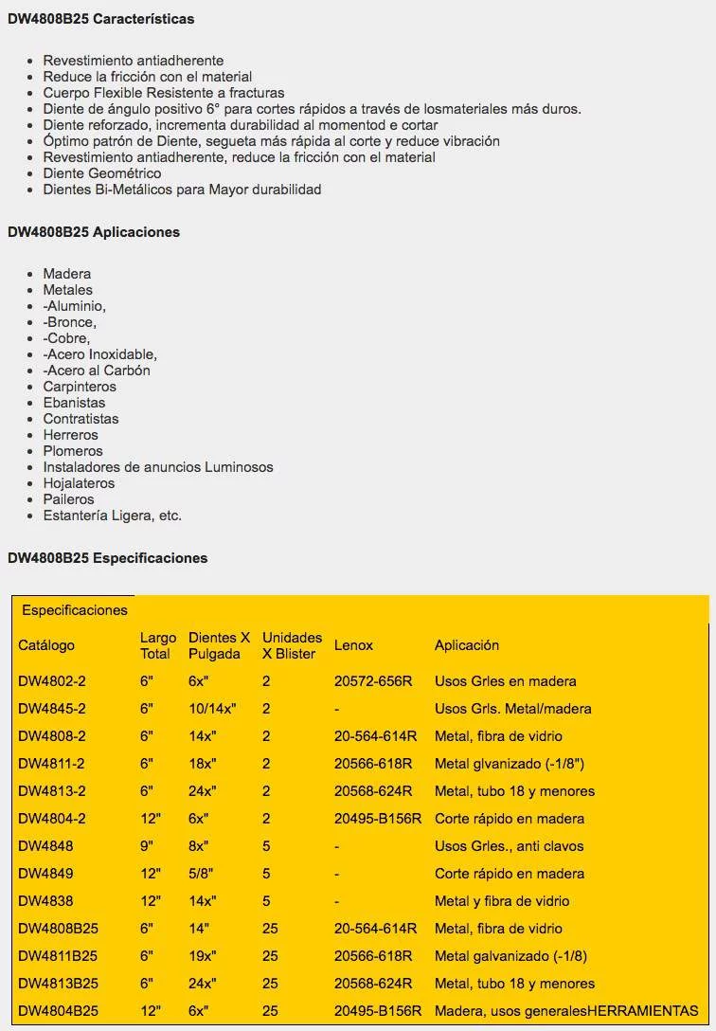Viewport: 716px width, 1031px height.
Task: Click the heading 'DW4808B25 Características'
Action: [101, 19]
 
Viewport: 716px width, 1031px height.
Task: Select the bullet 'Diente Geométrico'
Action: [102, 173]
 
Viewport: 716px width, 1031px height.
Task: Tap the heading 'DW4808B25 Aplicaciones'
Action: [94, 232]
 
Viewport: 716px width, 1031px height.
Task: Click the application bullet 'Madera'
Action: [67, 274]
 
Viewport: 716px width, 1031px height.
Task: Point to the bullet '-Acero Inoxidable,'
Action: [100, 354]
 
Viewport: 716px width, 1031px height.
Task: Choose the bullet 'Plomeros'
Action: [73, 451]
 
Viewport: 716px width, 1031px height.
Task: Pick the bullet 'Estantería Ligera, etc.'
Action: [113, 515]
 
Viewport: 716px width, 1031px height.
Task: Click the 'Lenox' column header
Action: [353, 645]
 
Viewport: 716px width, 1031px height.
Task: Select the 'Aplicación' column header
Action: [467, 645]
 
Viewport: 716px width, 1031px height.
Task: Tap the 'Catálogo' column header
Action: [46, 645]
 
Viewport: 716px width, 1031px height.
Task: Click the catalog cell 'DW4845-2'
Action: [52, 709]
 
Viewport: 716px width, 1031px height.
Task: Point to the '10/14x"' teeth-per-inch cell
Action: [212, 709]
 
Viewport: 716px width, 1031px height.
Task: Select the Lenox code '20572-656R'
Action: [373, 681]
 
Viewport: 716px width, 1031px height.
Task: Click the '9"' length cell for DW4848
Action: [147, 846]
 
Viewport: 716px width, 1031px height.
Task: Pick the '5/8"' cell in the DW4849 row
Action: [202, 874]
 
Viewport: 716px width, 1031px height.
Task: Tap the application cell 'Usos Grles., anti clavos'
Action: [510, 846]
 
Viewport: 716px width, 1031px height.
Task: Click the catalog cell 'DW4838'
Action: [45, 901]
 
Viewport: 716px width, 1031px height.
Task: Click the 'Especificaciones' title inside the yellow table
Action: [75, 610]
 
